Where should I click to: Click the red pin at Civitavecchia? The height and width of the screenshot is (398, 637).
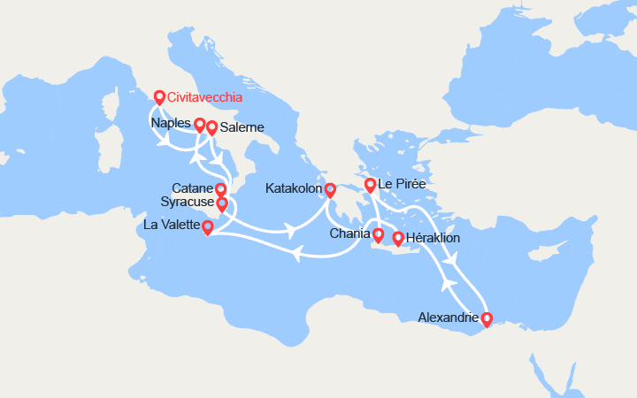[159, 98]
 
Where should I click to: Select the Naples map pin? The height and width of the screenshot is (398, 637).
[200, 126]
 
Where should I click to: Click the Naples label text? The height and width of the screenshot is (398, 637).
[171, 123]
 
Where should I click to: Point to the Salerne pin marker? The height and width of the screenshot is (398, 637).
[212, 129]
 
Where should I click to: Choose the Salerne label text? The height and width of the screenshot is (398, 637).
[242, 128]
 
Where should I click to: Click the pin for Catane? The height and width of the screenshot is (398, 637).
[221, 189]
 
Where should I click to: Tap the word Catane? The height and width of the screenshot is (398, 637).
[192, 188]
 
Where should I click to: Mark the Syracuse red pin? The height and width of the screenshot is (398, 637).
[221, 204]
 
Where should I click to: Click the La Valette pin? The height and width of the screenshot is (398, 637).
[207, 228]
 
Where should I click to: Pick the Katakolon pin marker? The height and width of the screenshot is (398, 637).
[330, 190]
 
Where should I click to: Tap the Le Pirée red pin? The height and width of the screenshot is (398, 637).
[370, 186]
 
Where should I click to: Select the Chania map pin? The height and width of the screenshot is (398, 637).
[378, 236]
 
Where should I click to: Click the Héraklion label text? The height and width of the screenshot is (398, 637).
[434, 239]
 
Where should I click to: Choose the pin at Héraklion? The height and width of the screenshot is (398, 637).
[398, 239]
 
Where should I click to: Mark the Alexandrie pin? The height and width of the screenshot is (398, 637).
[486, 318]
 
